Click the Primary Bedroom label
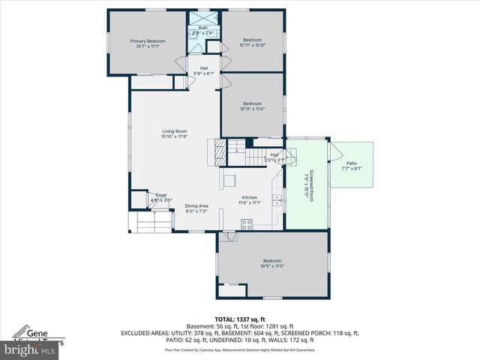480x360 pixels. [x=147, y=40]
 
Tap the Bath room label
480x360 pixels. [x=202, y=28]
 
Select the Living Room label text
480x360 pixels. [x=174, y=131]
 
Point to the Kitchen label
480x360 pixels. [x=249, y=197]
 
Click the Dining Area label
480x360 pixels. [x=196, y=205]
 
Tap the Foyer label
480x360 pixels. [x=161, y=195]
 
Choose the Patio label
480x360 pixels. [x=352, y=163]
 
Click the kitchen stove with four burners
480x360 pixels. [x=248, y=223]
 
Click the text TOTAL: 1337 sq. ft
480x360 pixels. [x=240, y=319]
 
